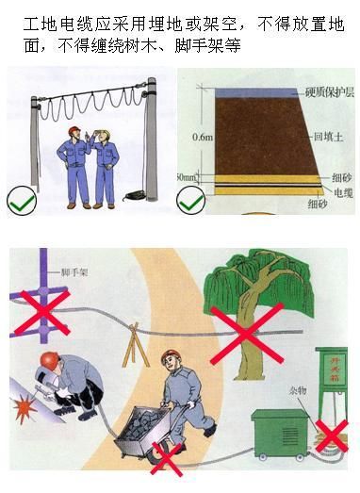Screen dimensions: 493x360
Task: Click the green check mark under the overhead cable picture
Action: [x=23, y=200]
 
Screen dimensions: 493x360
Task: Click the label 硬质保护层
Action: [x=322, y=90]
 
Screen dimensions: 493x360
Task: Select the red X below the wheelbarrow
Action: [x=166, y=458]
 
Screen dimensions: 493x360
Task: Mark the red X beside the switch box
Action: [x=332, y=436]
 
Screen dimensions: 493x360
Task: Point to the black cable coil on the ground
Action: [x=133, y=197]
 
